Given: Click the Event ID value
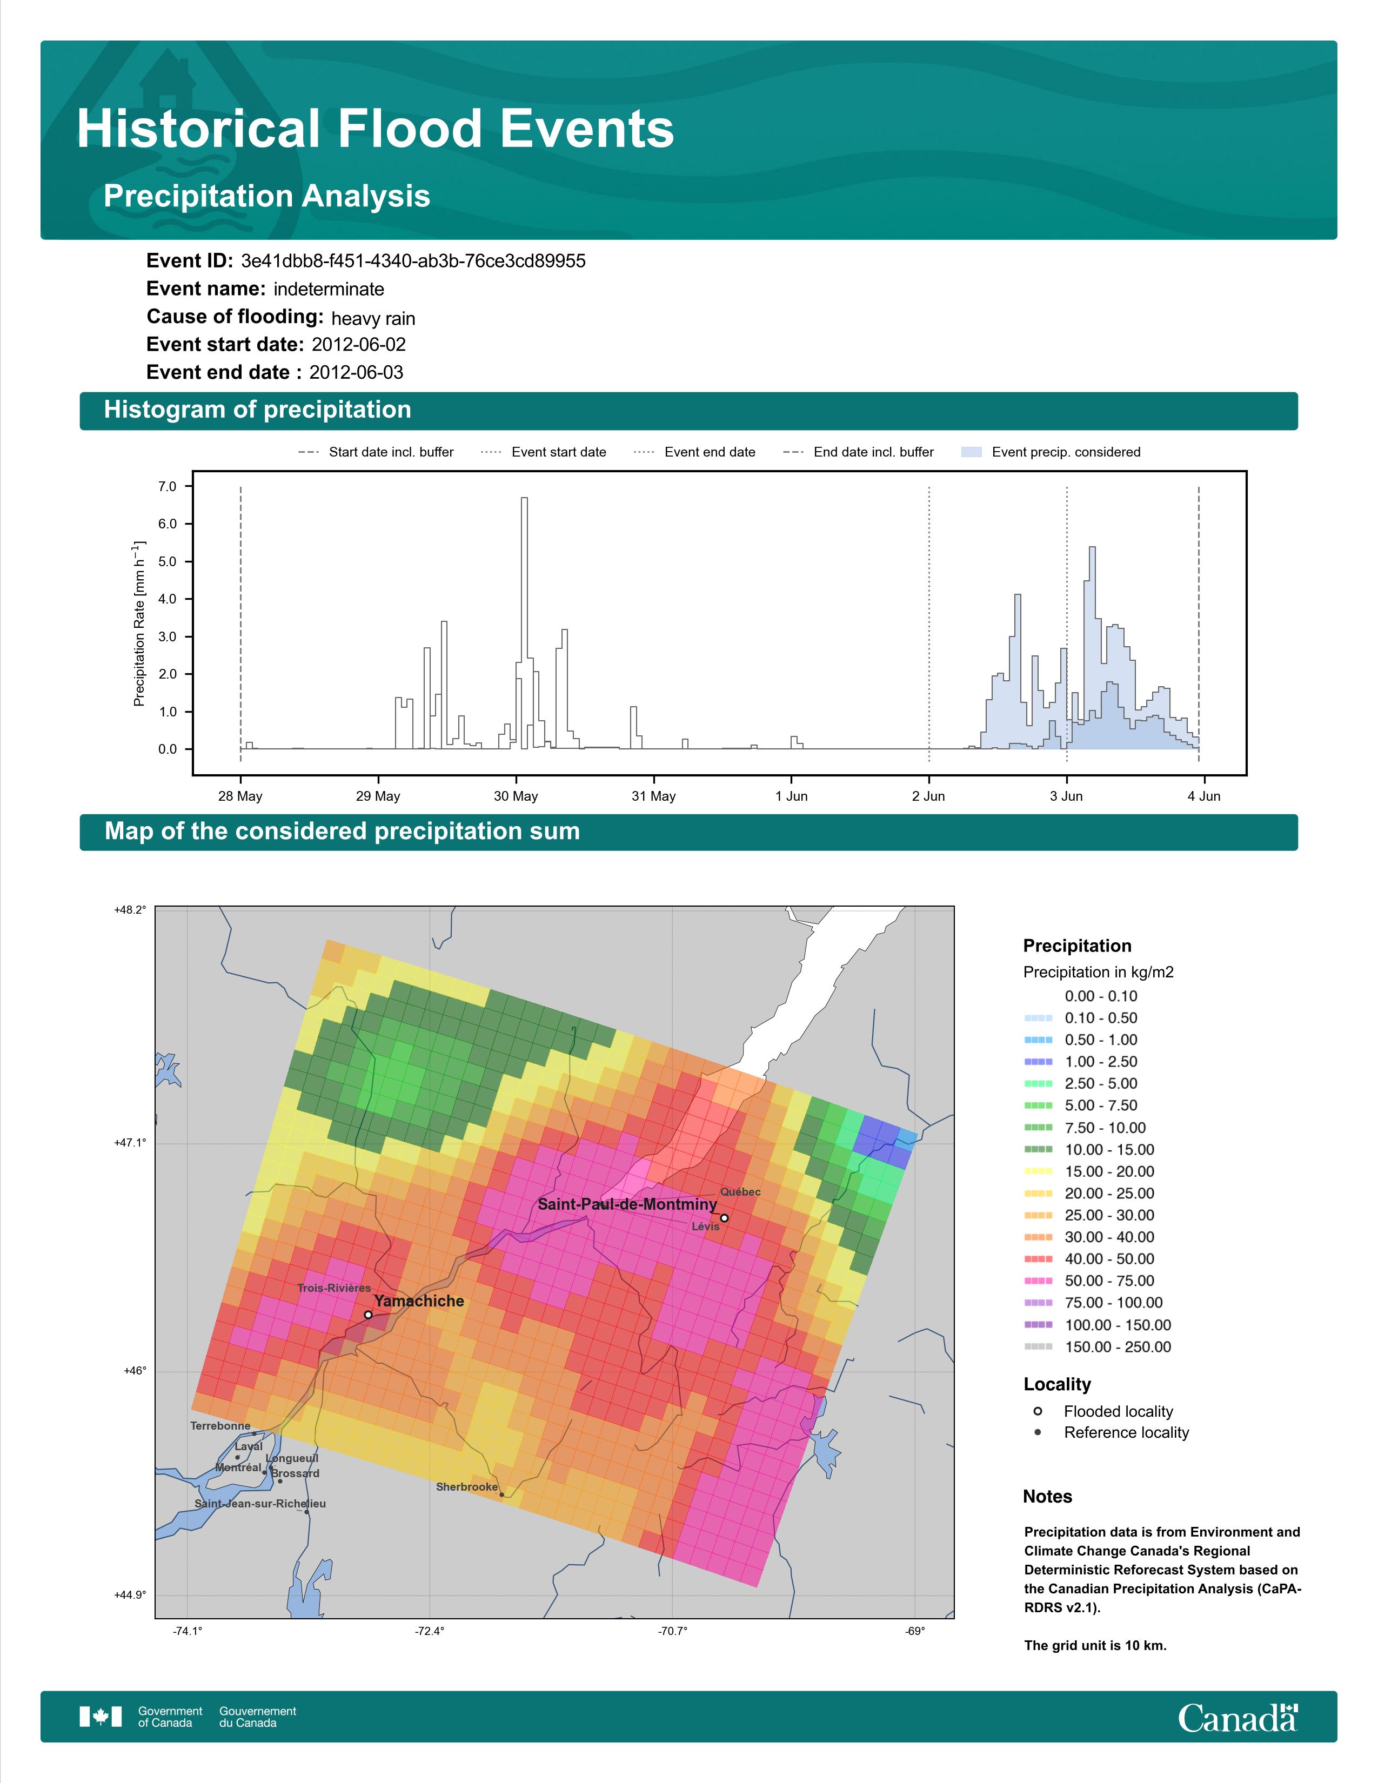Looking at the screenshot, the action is coord(413,262).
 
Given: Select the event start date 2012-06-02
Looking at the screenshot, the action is coord(358,345).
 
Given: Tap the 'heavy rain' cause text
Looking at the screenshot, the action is coord(373,318).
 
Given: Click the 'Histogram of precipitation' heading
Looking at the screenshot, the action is coord(257,410).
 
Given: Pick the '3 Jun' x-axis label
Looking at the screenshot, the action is coord(1066,796).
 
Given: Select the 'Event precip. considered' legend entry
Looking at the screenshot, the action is coord(1052,452).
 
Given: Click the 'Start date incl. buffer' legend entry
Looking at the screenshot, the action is coord(376,452).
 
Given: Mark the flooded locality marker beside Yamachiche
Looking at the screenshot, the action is coord(368,1315).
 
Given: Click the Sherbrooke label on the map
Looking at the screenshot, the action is coord(467,1487).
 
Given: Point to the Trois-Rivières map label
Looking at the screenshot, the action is coord(334,1288).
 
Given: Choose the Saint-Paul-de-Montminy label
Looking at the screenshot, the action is coord(627,1204).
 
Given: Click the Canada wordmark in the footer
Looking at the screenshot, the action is coord(1237,1719).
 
